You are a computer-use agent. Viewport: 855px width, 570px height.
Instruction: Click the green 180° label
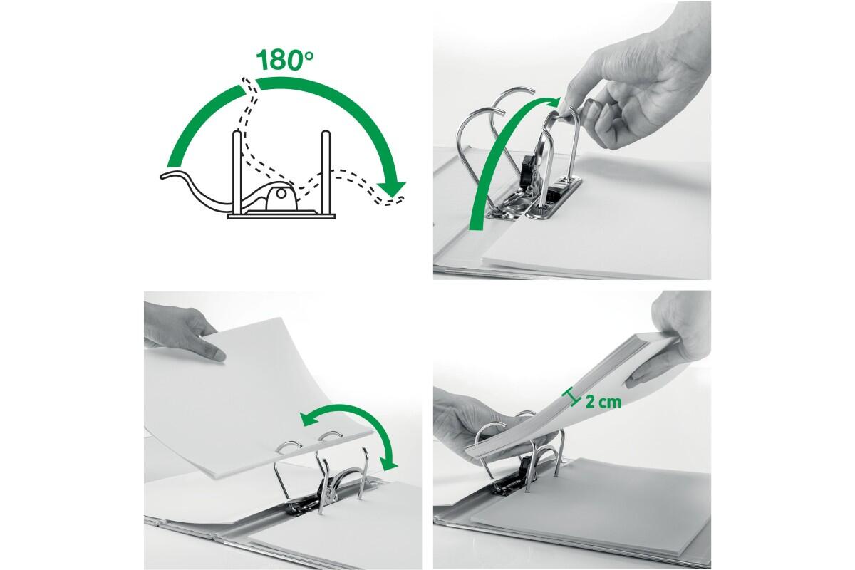point(286,59)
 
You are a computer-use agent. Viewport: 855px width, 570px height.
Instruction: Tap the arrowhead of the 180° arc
point(393,189)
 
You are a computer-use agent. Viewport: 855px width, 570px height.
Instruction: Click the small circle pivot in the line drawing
point(281,194)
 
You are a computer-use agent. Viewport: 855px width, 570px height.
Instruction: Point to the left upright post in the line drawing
point(237,173)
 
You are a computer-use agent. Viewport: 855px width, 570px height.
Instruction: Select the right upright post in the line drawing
point(326,173)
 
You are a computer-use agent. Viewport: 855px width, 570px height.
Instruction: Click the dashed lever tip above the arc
point(248,85)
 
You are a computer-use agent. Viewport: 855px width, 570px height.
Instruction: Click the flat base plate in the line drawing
point(281,216)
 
